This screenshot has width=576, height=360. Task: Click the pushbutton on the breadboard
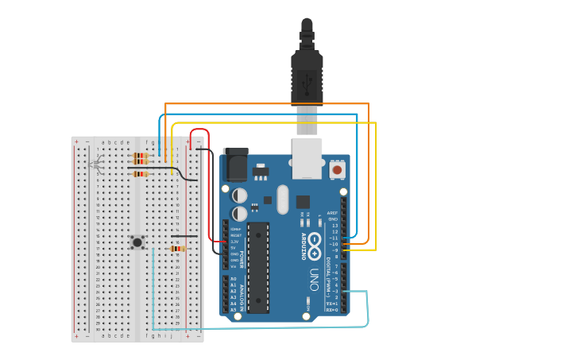(137, 242)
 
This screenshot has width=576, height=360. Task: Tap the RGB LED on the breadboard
(96, 165)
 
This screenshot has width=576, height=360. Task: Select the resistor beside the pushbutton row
(177, 248)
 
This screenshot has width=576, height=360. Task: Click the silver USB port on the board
(307, 159)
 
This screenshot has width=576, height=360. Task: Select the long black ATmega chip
(258, 268)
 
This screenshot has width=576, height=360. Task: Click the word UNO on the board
(314, 279)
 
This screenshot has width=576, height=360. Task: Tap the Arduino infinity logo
(315, 241)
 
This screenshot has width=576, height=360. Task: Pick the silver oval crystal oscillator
(282, 199)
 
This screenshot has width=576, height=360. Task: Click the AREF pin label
(333, 213)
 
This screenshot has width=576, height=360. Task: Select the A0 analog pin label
(233, 279)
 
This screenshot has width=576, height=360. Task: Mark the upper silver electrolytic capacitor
(239, 195)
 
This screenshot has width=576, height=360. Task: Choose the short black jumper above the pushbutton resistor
(184, 236)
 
